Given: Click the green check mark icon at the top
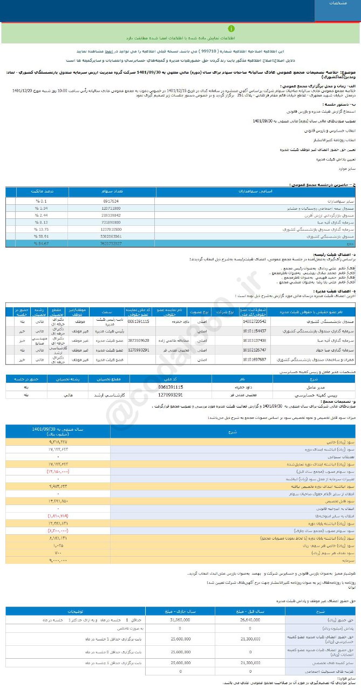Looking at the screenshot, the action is (x=231, y=29).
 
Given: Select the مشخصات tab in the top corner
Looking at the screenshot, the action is (x=338, y=4).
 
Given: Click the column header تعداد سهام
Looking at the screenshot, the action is (x=111, y=191).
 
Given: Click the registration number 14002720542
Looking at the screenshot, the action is (x=255, y=321).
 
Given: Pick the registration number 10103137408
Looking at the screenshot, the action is (x=255, y=340).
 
